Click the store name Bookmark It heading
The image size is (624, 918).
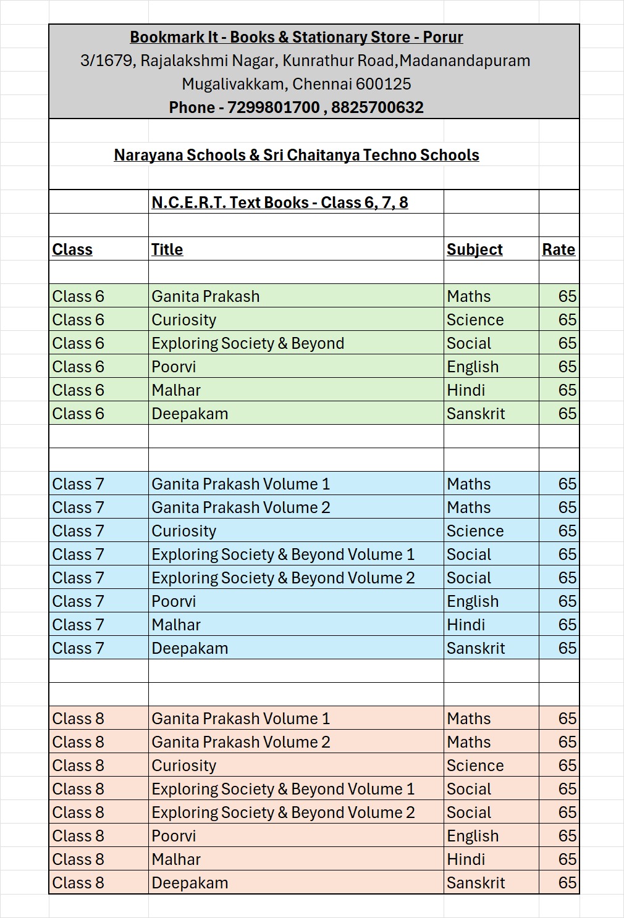click(x=296, y=37)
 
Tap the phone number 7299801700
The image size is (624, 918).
click(x=273, y=107)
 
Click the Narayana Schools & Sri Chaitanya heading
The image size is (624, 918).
click(x=296, y=155)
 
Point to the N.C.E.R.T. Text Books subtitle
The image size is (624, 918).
click(x=279, y=202)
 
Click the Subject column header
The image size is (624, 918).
click(x=474, y=249)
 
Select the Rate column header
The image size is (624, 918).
click(x=558, y=249)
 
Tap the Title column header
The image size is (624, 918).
click(x=167, y=249)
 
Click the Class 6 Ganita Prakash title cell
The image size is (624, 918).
click(x=205, y=296)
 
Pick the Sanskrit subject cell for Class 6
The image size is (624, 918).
click(x=475, y=414)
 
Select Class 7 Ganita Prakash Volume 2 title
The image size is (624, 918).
click(x=240, y=507)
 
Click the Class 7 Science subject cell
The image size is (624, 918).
click(x=474, y=531)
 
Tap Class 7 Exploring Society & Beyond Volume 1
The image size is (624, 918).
click(x=282, y=554)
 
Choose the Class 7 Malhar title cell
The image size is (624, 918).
click(x=175, y=625)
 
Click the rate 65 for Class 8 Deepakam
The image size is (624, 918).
click(x=567, y=883)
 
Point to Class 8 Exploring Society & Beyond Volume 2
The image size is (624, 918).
click(x=282, y=812)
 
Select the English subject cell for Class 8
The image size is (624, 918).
click(x=472, y=836)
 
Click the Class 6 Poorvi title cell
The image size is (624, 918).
click(x=173, y=367)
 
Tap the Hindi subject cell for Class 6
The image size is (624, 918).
click(x=465, y=390)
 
